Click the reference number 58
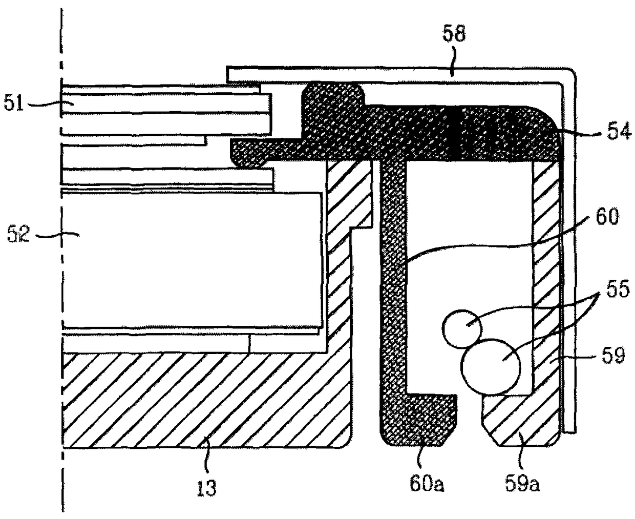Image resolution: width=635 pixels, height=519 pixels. click(454, 35)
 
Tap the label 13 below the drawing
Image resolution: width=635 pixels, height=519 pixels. click(206, 487)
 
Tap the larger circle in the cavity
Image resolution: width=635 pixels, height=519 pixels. click(491, 366)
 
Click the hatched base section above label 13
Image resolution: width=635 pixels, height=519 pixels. click(205, 400)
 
